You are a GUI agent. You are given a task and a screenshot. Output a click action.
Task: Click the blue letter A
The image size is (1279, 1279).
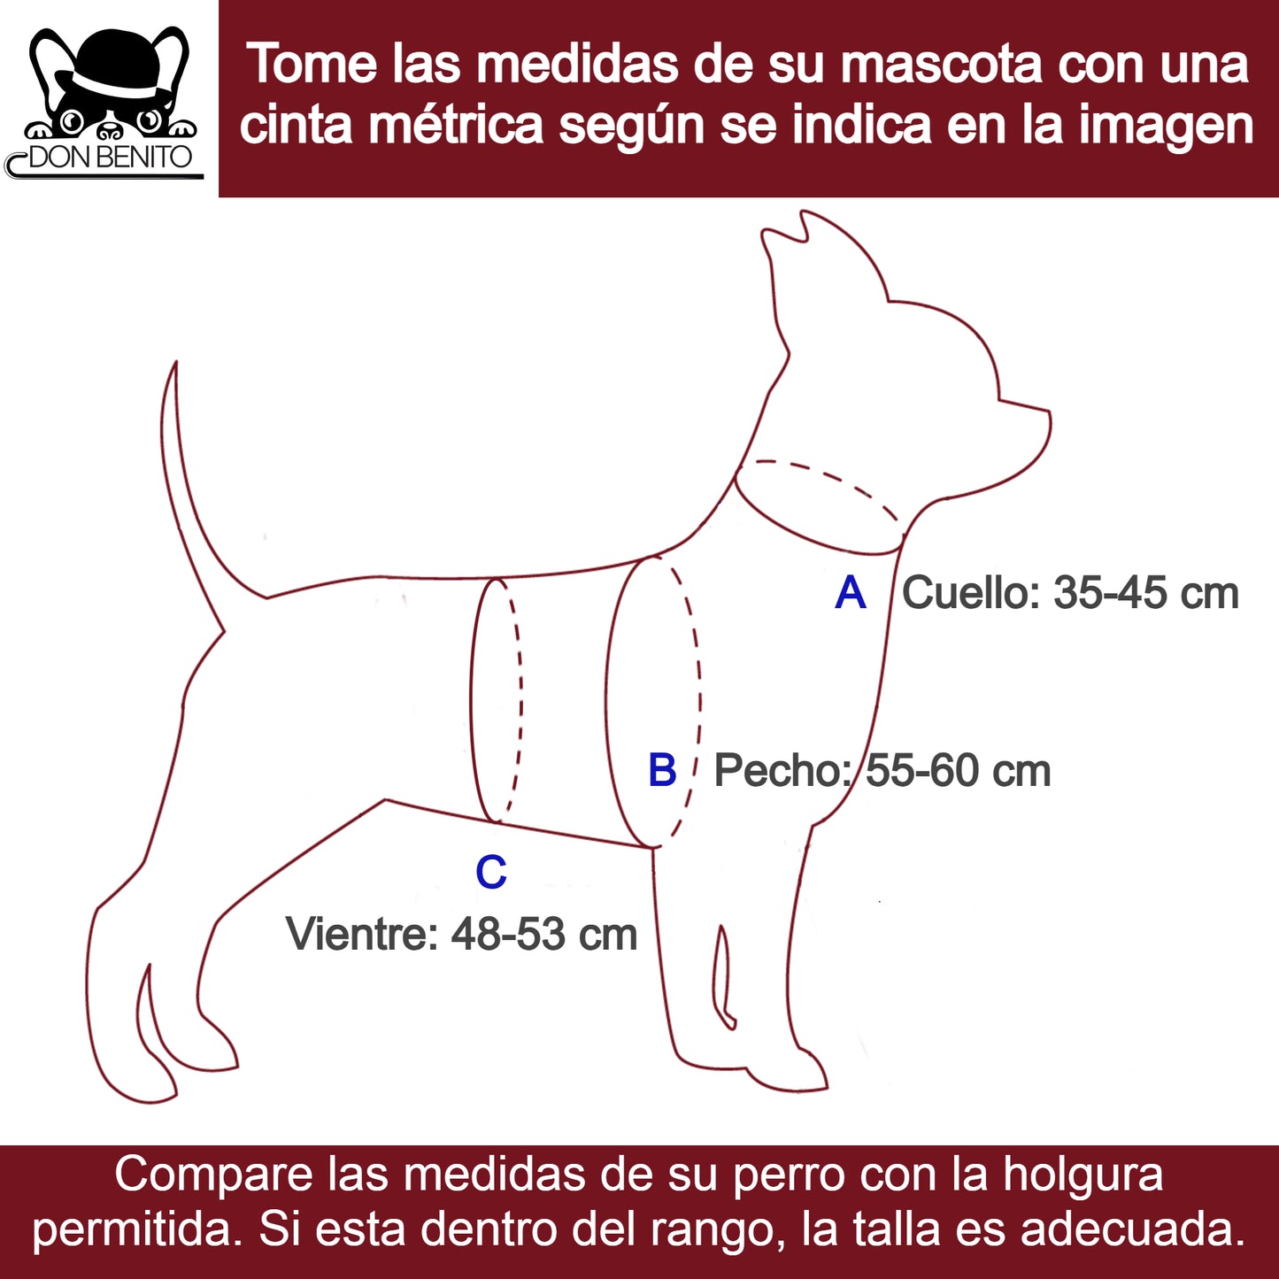coord(851,593)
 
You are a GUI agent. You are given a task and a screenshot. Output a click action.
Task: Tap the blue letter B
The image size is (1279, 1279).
coord(662,770)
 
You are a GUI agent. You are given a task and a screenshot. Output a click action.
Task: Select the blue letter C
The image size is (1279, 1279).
coord(491,872)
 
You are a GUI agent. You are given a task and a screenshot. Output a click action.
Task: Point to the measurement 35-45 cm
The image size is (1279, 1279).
coord(1146,592)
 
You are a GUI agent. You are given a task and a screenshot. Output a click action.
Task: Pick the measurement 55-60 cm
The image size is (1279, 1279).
coord(959,771)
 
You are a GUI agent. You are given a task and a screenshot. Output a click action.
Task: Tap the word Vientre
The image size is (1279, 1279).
coord(362,934)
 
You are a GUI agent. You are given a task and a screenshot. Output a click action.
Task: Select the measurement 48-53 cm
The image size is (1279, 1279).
coord(544,934)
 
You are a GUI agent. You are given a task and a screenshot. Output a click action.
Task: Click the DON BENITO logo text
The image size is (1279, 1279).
coord(110,158)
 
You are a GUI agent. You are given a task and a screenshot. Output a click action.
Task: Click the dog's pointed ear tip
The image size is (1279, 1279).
coord(804,213)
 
